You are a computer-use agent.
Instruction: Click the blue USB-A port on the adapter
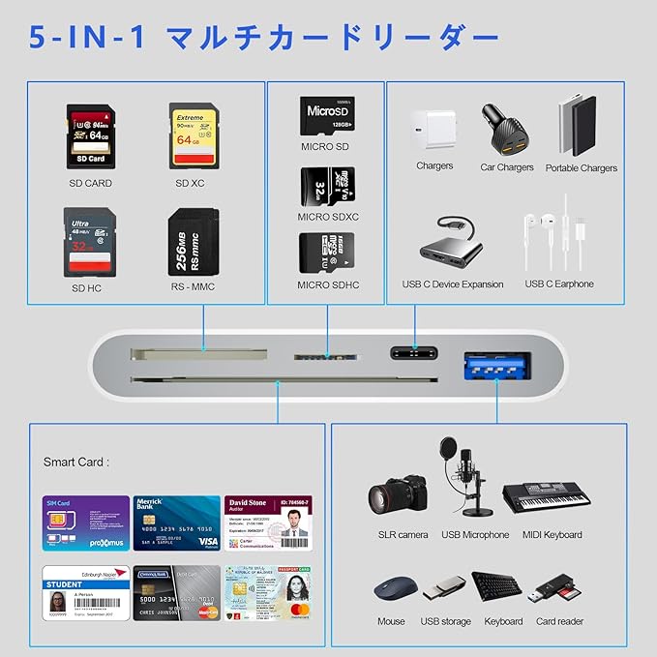pos(495,364)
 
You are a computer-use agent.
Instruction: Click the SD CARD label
pos(90,183)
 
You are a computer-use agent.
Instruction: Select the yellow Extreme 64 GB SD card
pos(192,134)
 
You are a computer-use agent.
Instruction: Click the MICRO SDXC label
pos(328,217)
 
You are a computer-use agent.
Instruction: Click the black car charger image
pos(506,131)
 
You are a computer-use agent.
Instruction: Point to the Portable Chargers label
pos(581,168)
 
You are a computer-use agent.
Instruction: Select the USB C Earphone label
pos(559,284)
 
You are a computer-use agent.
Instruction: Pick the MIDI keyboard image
pos(547,495)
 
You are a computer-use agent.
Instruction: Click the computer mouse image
pos(391,590)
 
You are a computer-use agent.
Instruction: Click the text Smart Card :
pos(76,463)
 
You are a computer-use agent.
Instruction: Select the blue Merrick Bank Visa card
pos(176,523)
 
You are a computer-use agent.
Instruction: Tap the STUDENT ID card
pos(86,592)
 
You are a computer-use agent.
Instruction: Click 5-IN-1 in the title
pos(88,39)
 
